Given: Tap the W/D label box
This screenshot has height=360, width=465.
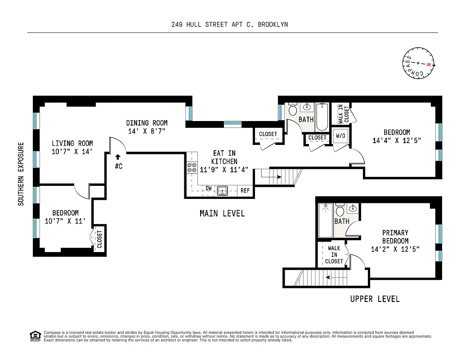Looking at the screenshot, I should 340,135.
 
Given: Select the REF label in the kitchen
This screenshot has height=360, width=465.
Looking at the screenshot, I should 245,191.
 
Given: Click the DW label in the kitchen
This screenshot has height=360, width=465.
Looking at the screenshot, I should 209,188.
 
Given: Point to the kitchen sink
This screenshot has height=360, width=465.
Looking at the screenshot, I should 223,191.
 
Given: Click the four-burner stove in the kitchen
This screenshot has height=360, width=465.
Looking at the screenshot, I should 192,168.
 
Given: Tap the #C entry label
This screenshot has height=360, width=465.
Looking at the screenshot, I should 119,166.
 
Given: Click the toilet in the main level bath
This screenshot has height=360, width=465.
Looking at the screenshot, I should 293,109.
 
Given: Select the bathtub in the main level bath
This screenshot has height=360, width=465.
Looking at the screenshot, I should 322,117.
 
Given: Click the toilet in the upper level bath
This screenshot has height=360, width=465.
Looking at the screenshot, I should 340,211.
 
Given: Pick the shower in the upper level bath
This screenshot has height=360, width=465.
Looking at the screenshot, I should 325,220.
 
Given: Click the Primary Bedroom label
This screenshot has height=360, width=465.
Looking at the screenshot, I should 395,237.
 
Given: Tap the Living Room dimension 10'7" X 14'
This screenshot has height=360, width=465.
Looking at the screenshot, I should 72,152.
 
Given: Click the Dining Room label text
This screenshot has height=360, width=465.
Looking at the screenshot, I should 147,123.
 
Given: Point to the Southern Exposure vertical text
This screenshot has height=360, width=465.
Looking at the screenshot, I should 21,174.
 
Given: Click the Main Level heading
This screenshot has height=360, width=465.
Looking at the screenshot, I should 222,213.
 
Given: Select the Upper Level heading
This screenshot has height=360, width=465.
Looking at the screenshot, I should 375,299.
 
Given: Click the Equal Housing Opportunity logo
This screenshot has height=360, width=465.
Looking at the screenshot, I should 35,336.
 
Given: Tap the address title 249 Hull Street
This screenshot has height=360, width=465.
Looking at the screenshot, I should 229,25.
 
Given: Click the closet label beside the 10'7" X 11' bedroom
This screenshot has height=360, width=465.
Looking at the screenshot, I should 99,239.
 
